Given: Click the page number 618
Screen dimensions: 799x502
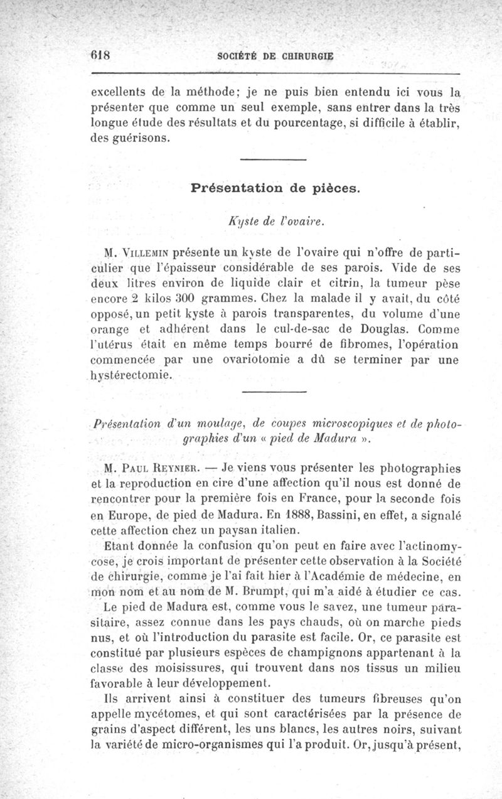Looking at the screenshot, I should point(100,54).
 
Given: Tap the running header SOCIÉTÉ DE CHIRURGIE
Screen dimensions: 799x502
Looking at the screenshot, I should point(275,55).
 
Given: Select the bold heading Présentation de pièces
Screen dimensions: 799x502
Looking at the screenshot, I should point(275,188).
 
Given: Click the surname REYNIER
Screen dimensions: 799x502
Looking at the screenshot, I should point(195,468).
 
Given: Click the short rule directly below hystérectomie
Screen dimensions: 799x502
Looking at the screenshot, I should point(273,394).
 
